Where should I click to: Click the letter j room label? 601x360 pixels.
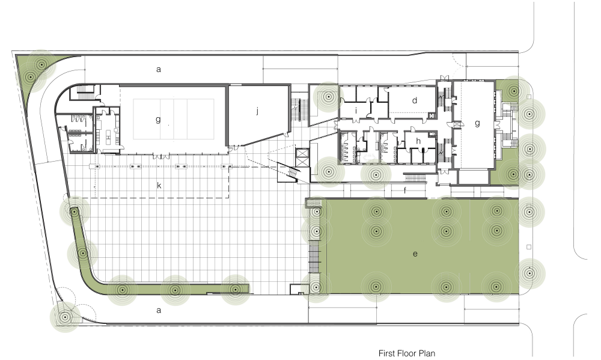tap(258, 111)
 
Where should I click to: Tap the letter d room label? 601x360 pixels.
tap(414, 100)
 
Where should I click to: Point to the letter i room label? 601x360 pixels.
tap(356, 111)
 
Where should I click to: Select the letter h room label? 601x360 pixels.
tap(418, 141)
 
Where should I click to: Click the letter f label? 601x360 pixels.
tap(404, 190)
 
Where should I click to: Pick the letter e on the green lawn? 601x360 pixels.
tap(415, 254)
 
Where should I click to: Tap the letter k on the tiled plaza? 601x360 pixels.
tap(159, 186)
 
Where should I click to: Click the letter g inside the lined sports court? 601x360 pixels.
tap(158, 120)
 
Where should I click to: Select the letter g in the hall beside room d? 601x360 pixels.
tap(477, 123)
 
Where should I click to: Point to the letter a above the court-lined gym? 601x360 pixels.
tap(159, 69)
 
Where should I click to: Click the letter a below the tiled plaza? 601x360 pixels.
tap(159, 310)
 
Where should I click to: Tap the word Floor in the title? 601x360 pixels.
tap(408, 353)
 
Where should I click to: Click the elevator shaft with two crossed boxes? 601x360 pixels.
tap(302, 157)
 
